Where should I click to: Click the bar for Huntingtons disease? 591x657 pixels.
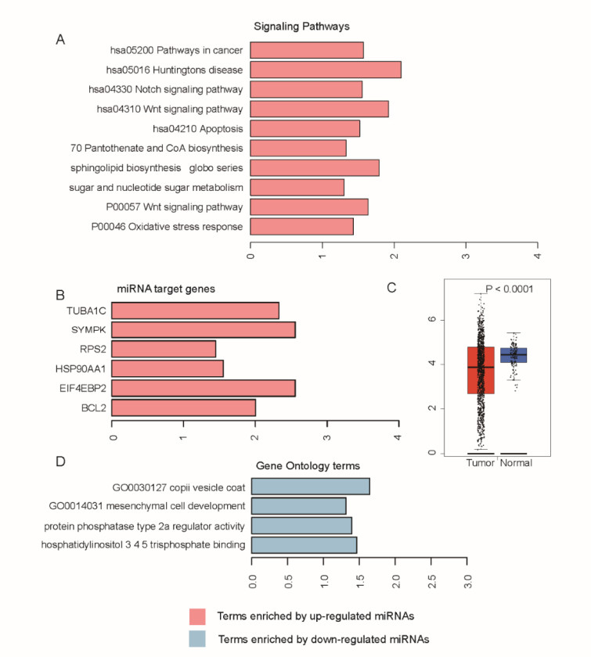[326, 70]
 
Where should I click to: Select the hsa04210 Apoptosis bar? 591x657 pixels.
[305, 128]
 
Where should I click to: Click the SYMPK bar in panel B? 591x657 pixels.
[204, 330]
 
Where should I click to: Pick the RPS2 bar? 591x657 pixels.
[164, 349]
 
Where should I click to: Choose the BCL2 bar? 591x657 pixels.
[184, 408]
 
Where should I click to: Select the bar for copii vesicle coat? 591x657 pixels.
[310, 487]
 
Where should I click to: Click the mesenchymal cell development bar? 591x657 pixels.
[298, 506]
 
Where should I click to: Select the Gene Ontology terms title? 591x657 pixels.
[308, 466]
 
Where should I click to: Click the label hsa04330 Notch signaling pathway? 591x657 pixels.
[165, 89]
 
